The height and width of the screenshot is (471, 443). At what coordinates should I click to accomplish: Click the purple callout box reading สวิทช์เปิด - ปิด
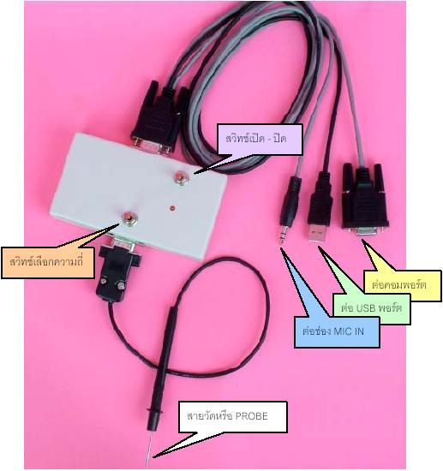[x=260, y=140]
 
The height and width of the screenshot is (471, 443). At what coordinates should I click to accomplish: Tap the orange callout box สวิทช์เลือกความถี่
[x=47, y=263]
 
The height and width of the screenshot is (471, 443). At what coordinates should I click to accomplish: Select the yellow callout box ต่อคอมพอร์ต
[x=403, y=285]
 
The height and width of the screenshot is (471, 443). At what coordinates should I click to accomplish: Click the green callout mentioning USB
[x=372, y=308]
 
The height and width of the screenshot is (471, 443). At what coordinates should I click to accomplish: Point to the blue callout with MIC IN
[x=337, y=332]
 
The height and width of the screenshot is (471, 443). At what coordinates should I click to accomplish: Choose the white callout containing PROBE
[x=233, y=417]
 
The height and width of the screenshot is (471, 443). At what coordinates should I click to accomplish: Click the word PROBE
[x=251, y=416]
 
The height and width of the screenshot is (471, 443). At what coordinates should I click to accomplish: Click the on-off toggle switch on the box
[x=180, y=177]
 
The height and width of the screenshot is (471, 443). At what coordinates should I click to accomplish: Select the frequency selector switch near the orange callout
[x=128, y=218]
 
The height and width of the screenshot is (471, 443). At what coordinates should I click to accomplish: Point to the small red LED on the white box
[x=172, y=208]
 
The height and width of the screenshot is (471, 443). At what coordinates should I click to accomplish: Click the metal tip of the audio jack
[x=282, y=235]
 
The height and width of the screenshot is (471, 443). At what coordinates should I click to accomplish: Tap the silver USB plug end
[x=317, y=234]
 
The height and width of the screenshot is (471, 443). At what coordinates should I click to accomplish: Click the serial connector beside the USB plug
[x=364, y=200]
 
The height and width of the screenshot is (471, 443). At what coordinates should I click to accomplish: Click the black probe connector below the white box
[x=118, y=271]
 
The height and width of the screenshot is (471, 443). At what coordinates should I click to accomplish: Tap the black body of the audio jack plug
[x=290, y=201]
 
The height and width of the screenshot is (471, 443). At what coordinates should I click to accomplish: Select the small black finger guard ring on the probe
[x=153, y=409]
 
